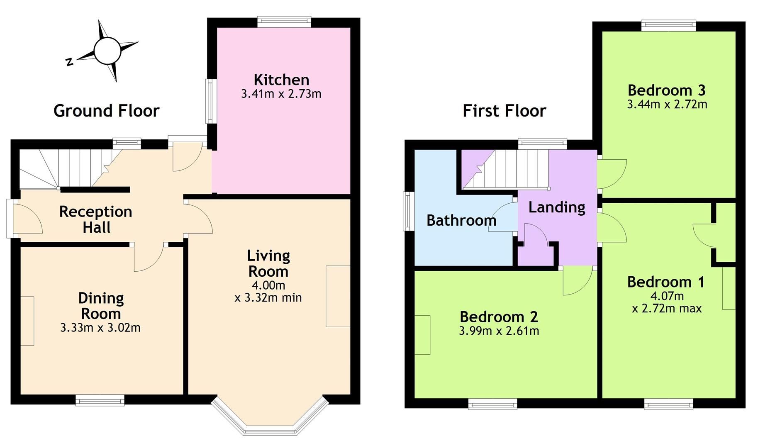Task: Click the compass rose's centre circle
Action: pos(107,51)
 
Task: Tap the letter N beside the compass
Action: pos(69,62)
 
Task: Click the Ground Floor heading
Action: pos(107,111)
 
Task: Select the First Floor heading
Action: pos(504,111)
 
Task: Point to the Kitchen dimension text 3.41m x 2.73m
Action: pos(281,94)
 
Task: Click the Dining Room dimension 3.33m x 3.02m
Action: pos(100,328)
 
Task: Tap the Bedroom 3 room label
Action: pos(666,90)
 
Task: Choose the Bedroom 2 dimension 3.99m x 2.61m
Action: pos(499,331)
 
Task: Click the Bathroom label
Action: pos(461,220)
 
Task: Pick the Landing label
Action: pos(557,207)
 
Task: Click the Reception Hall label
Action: pos(96,219)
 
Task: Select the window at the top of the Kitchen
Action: pos(284,21)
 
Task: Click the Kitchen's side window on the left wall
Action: pos(210,101)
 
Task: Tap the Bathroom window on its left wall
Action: pos(407,211)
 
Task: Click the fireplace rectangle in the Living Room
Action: pos(338,297)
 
